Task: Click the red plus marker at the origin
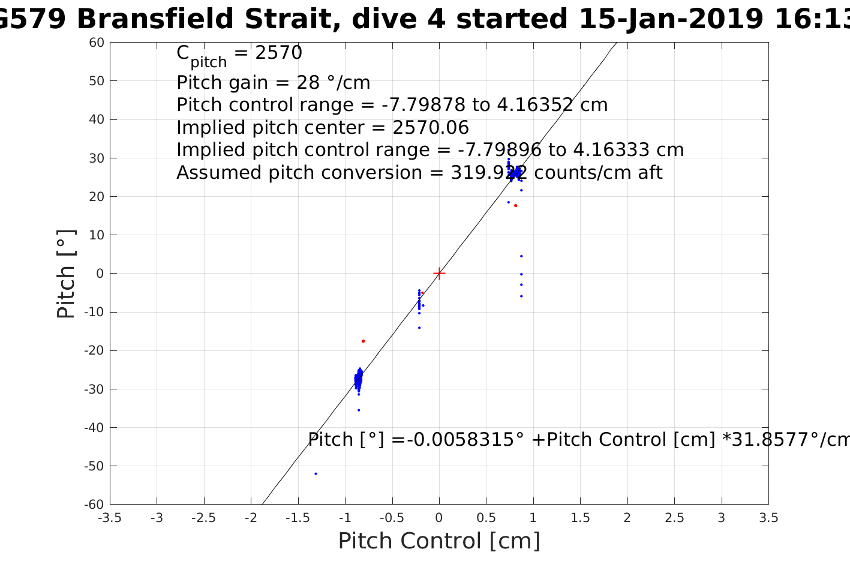(x=439, y=273)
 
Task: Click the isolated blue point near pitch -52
(x=316, y=473)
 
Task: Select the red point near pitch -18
(x=363, y=341)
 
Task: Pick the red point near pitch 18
(x=515, y=205)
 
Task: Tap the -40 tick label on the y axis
(x=96, y=427)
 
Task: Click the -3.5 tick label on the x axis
(x=109, y=518)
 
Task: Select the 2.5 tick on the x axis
(x=674, y=518)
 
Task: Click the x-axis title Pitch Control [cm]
(x=439, y=541)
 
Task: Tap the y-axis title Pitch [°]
(x=66, y=274)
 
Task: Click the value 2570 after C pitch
(x=278, y=53)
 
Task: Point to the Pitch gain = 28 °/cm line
(x=273, y=82)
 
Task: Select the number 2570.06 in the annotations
(x=430, y=128)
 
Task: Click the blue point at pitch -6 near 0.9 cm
(x=521, y=296)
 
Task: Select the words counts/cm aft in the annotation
(x=598, y=173)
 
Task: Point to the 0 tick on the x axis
(x=439, y=518)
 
